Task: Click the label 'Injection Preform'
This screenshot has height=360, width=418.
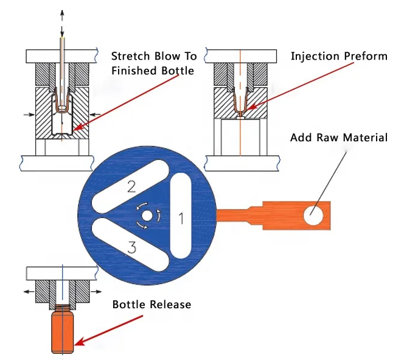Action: pyautogui.click(x=338, y=57)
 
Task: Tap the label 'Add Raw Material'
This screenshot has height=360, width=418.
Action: pyautogui.click(x=338, y=138)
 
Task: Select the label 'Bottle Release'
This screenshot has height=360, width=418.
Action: pyautogui.click(x=152, y=304)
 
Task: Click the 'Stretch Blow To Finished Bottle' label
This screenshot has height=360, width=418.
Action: pyautogui.click(x=153, y=63)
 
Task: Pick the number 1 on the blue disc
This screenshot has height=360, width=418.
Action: pyautogui.click(x=180, y=217)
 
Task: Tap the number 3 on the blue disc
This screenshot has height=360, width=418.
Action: pyautogui.click(x=131, y=247)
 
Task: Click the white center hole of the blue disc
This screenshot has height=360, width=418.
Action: pyautogui.click(x=147, y=216)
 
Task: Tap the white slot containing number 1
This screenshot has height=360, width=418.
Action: pyautogui.click(x=181, y=216)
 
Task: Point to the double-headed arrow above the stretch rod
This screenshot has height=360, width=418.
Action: pyautogui.click(x=61, y=19)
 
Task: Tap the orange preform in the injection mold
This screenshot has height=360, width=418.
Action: pyautogui.click(x=241, y=102)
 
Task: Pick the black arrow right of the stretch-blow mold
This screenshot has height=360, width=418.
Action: pyautogui.click(x=94, y=113)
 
